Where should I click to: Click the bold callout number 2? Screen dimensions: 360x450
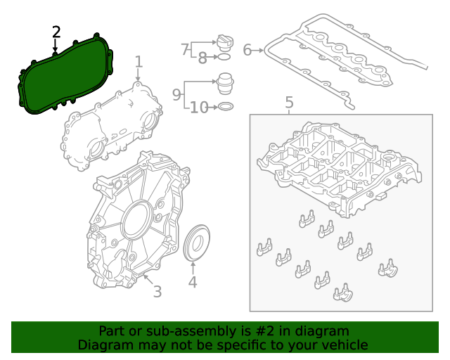[56, 32]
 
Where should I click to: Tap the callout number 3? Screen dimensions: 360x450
[157, 291]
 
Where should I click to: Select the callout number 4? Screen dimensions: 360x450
[193, 283]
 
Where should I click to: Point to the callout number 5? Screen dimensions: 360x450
[289, 103]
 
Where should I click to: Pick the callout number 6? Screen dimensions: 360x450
[247, 50]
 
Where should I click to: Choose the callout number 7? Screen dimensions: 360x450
[185, 49]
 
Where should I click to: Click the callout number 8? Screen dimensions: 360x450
[202, 58]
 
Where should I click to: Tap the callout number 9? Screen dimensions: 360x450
[177, 93]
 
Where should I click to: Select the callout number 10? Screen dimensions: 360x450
[199, 108]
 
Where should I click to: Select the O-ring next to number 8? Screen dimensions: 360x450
[225, 56]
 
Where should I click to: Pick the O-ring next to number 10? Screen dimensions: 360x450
[226, 107]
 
